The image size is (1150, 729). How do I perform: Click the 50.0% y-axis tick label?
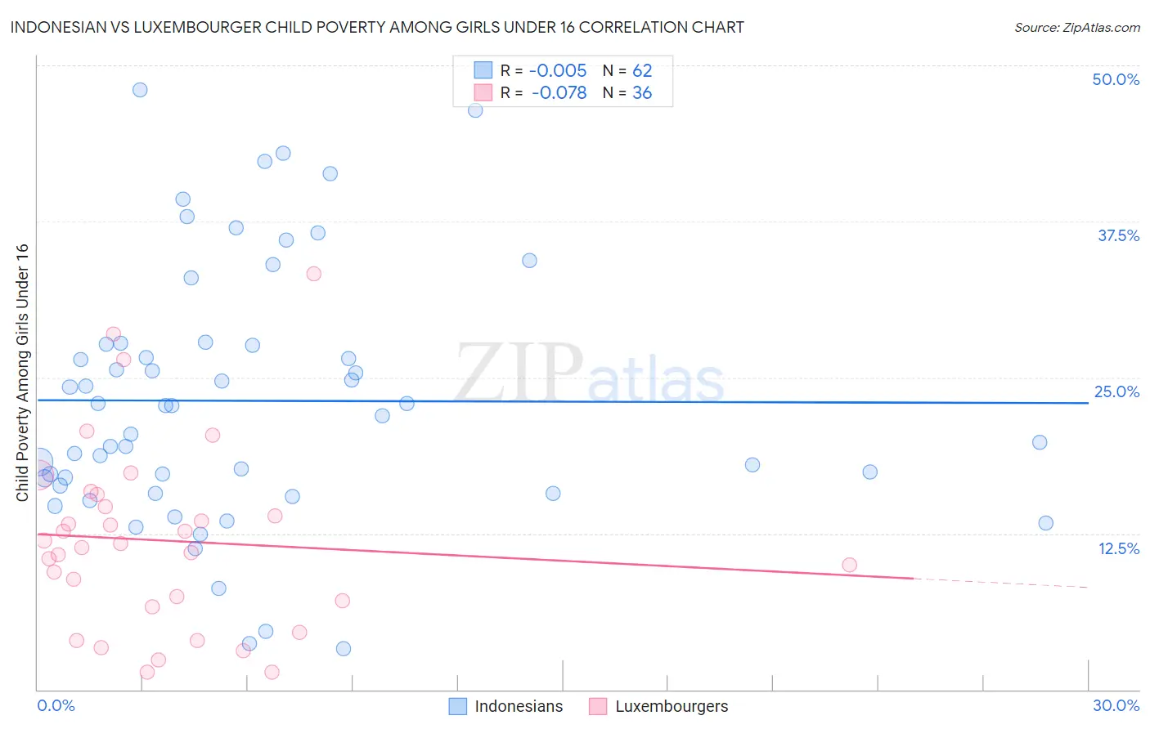[x=1116, y=79]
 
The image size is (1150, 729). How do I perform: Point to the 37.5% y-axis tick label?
[x=1118, y=235]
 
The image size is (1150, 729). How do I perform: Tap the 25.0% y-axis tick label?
[x=1116, y=391]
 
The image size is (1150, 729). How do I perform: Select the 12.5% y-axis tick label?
[x=1118, y=548]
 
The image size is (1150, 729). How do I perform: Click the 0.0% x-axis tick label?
[x=56, y=705]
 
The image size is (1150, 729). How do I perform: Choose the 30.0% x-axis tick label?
[x=1116, y=705]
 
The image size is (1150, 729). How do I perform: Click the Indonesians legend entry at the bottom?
[x=519, y=706]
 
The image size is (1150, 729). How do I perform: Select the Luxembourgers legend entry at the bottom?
[x=671, y=706]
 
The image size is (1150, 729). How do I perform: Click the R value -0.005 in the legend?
[x=558, y=71]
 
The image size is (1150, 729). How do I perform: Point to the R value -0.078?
[x=559, y=93]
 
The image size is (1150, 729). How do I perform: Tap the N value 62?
[x=642, y=71]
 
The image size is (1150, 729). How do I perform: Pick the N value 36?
[x=642, y=93]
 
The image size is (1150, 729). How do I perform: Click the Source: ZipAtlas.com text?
[x=1076, y=28]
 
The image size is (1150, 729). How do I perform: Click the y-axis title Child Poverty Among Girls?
[x=22, y=373]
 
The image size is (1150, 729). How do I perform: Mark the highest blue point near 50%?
[x=140, y=90]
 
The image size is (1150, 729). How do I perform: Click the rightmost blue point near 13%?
[x=1045, y=523]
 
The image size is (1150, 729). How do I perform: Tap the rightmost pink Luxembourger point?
[x=849, y=565]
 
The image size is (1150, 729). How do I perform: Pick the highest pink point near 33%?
[x=313, y=274]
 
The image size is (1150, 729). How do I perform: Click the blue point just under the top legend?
[x=475, y=110]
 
